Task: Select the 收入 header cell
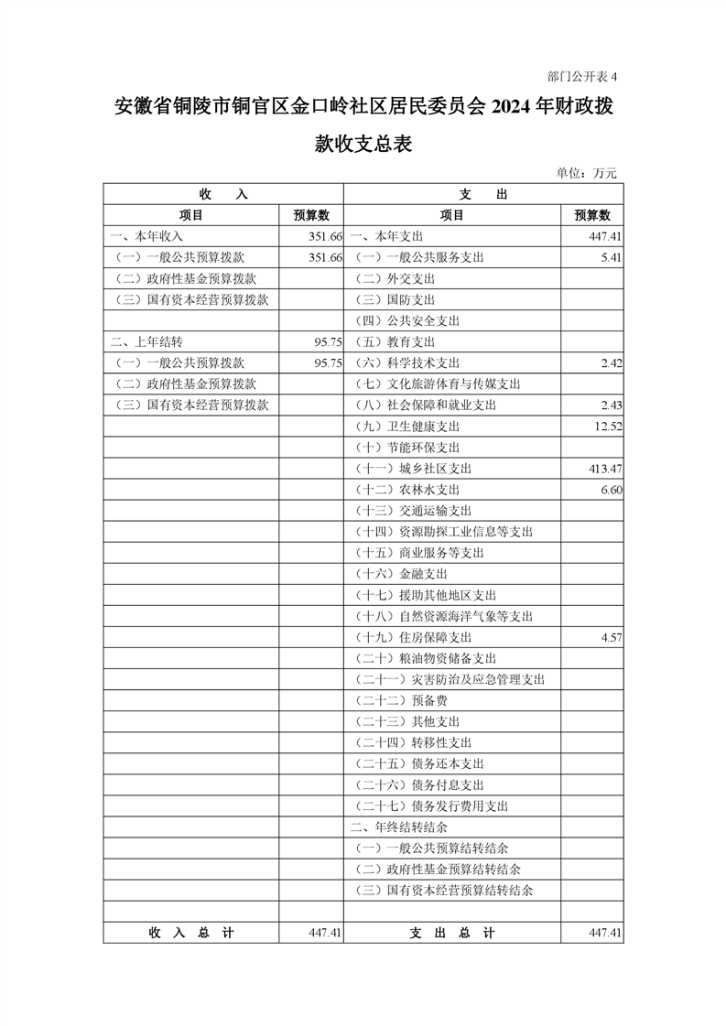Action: (222, 194)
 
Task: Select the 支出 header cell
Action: (482, 194)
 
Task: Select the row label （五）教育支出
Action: (395, 342)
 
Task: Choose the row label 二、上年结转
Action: (146, 342)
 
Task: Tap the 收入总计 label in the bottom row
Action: (190, 933)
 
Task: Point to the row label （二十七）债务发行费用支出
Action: (430, 805)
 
